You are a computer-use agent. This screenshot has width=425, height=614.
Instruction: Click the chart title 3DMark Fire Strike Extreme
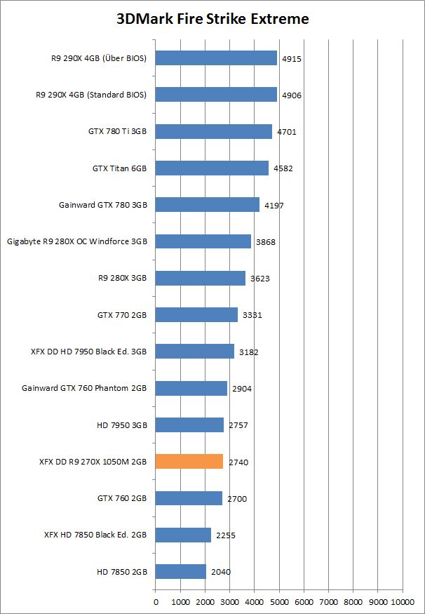coord(212,19)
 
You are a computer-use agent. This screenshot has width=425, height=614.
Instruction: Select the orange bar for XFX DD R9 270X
coord(189,462)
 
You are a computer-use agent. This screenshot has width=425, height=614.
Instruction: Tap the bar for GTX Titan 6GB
coord(211,168)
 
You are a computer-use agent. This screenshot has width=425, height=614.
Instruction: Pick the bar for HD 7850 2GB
coord(180,572)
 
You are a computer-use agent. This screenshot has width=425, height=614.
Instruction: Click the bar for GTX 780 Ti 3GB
coord(213,131)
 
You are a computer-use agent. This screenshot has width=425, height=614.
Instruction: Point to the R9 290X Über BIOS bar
coord(216,58)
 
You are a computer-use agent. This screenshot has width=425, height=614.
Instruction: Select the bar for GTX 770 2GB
coord(196,315)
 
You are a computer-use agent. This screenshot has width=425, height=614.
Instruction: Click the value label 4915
coord(292,59)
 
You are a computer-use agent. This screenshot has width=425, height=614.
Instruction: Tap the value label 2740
coord(238,462)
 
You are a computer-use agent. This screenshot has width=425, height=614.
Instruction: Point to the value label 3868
coord(266,242)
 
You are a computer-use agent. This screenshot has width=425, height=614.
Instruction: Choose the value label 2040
coord(221,573)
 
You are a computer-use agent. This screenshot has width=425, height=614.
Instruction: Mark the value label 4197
coord(274,206)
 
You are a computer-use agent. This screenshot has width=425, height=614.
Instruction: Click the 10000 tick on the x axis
coord(403,601)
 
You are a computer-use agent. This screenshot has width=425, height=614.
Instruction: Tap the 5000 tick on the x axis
coord(279,601)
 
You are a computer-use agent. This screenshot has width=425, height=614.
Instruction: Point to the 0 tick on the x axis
coord(155,601)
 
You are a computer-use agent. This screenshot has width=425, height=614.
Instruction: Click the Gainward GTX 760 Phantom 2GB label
coord(84,389)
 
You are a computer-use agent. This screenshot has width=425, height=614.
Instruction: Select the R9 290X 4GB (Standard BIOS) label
coord(91,95)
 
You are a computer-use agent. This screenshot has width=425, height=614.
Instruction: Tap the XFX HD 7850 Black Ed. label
coord(95,535)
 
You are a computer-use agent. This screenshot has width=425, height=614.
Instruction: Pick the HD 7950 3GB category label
coord(121,425)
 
